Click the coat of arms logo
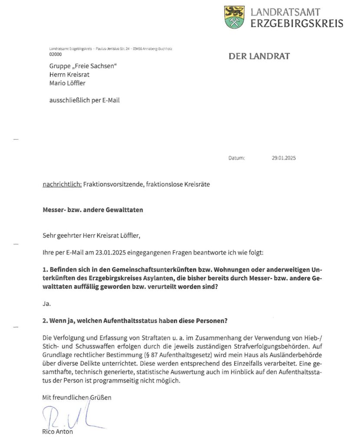[x=234, y=17]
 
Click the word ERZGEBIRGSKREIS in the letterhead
[x=297, y=23]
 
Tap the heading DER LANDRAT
[x=259, y=56]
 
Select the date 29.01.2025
[x=281, y=158]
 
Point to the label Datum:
[x=236, y=158]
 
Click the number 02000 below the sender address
[x=56, y=55]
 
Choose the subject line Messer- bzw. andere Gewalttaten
[x=92, y=210]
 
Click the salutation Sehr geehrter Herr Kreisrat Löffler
[x=92, y=236]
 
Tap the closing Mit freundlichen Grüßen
[x=76, y=397]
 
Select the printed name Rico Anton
[x=58, y=432]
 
